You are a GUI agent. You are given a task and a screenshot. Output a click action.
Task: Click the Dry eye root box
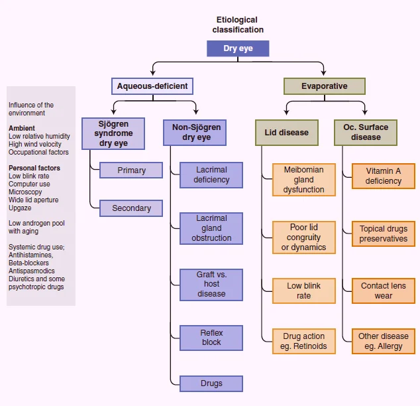pos(238,48)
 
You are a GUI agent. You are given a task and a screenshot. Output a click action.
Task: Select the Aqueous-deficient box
pos(152,86)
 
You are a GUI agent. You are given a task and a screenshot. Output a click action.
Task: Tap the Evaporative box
pos(325,86)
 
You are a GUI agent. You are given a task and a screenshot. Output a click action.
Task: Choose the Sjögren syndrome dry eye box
pos(113,133)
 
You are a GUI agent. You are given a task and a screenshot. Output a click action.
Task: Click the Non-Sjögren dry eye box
pos(195,133)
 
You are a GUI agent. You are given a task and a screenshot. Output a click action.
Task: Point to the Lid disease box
pos(287,133)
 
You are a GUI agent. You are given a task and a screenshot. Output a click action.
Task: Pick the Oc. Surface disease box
pos(366,133)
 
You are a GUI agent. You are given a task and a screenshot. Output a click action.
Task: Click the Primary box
pos(131,170)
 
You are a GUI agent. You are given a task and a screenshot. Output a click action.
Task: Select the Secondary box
pos(131,208)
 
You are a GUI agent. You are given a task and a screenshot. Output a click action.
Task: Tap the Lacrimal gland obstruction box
pos(211,228)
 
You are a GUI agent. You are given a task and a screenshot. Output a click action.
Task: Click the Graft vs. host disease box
pos(211,285)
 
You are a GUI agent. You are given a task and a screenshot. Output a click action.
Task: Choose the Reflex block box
pos(211,338)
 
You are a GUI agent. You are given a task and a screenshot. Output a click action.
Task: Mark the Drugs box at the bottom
pos(211,383)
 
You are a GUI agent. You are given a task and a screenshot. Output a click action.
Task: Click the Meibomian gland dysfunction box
pos(304,180)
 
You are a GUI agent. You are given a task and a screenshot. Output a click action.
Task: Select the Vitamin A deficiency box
pos(384,176)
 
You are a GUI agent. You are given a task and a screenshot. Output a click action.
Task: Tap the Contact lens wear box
pos(384,291)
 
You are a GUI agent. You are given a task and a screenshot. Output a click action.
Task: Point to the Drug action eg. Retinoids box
pos(304,341)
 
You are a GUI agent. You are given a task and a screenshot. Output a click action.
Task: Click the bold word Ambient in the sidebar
pos(22,128)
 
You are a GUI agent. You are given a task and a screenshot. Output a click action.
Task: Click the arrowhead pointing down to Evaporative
pos(323,73)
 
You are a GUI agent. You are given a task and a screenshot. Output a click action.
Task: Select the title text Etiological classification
pos(238,25)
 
